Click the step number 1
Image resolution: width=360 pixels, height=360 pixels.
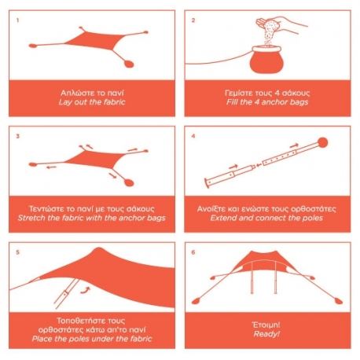click(x=17, y=20)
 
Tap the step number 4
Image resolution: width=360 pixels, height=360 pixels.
click(x=193, y=136)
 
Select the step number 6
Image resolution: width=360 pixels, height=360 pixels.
click(x=193, y=252)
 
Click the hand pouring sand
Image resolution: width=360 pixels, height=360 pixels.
click(x=281, y=24)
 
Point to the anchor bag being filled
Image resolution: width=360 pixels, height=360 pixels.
click(x=266, y=60)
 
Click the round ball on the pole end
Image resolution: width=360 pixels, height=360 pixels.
click(x=322, y=143)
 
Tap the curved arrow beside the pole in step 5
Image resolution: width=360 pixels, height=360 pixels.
click(x=86, y=290)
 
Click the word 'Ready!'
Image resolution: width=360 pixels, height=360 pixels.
click(x=266, y=334)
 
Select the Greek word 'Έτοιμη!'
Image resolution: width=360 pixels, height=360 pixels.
click(x=266, y=325)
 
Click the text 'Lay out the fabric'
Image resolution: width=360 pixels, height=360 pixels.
click(x=92, y=102)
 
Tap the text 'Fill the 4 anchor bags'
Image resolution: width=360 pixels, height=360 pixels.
click(x=267, y=102)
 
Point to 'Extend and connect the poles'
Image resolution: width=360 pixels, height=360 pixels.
click(x=266, y=218)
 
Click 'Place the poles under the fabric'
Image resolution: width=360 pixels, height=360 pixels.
click(x=92, y=339)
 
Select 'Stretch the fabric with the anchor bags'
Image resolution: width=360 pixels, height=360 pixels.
click(x=92, y=218)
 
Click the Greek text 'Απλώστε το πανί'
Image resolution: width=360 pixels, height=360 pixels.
click(x=92, y=93)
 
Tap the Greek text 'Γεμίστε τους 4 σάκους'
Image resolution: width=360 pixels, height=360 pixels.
click(x=267, y=93)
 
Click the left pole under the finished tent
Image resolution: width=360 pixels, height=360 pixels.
click(x=252, y=277)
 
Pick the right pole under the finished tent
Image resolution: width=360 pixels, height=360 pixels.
click(x=275, y=277)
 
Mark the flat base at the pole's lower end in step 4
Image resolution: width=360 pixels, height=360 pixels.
click(x=207, y=183)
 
